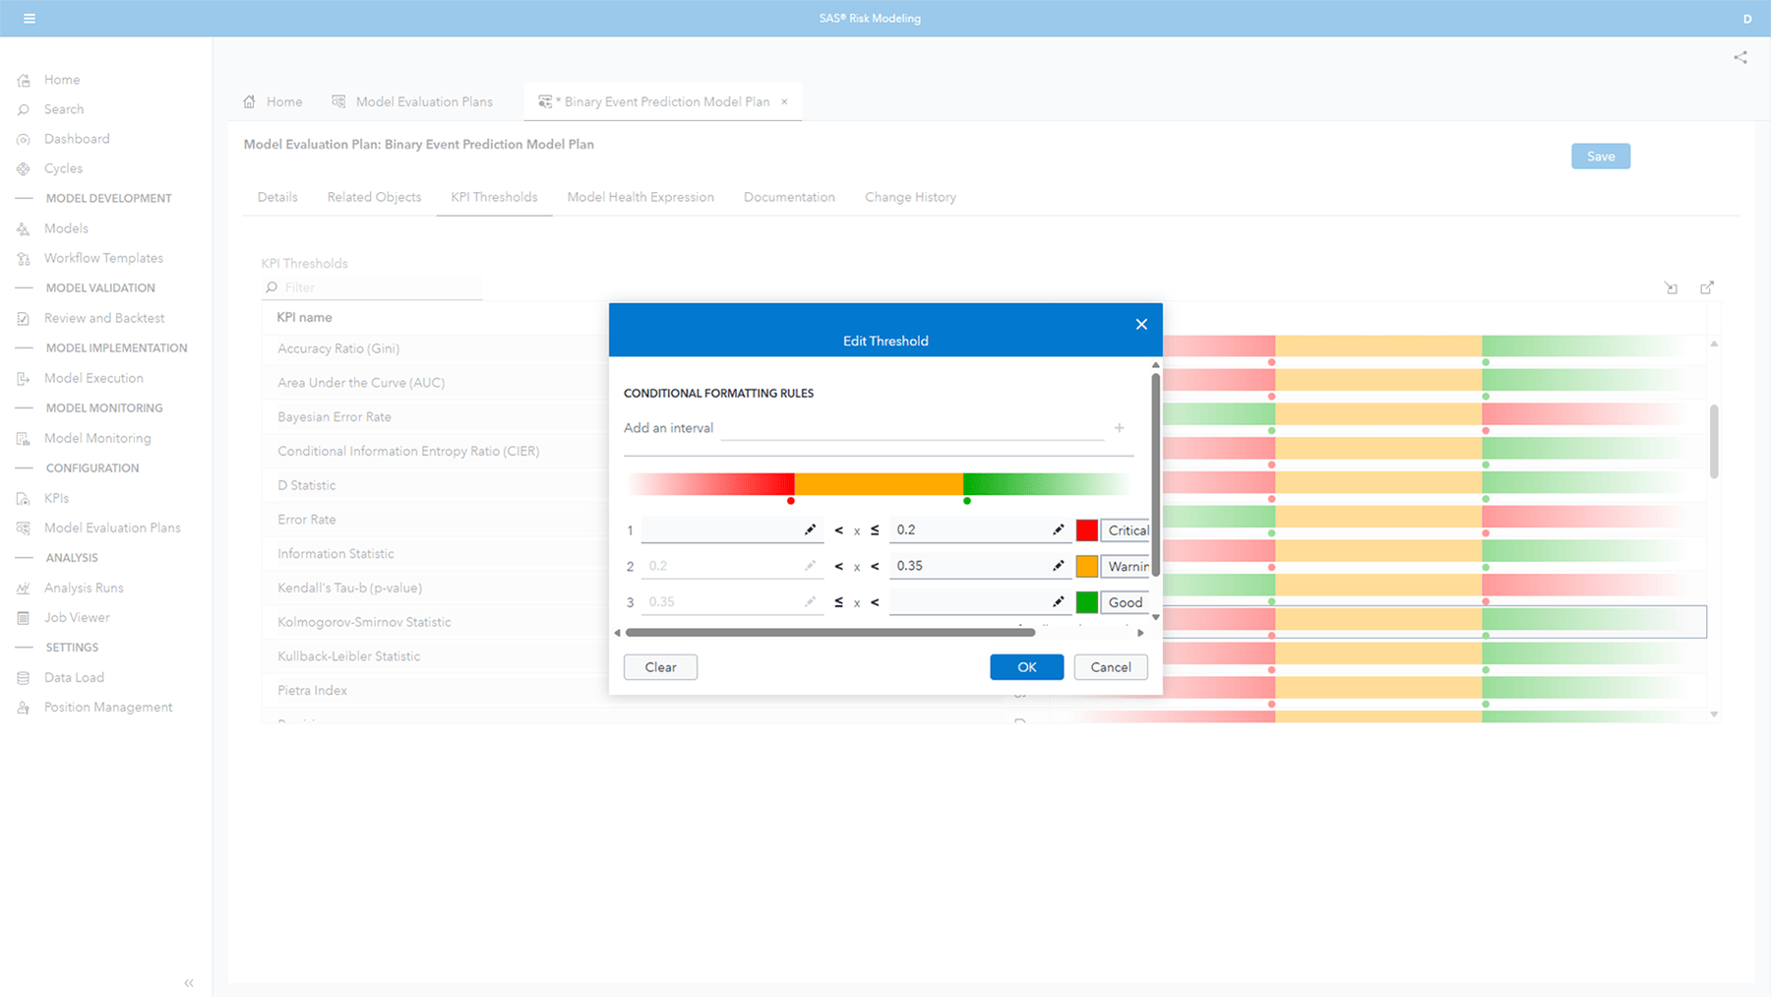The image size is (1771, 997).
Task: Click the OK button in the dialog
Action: [x=1026, y=667]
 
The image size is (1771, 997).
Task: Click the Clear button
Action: [x=660, y=667]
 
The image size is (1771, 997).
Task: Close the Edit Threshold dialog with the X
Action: [x=1141, y=324]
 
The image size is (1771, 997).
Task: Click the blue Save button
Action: [x=1600, y=156]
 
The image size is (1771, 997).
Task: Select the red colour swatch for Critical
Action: [x=1086, y=530]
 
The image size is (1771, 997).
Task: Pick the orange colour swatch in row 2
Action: [x=1086, y=566]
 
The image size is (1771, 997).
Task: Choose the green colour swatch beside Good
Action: [x=1086, y=602]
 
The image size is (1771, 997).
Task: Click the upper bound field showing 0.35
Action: [x=969, y=566]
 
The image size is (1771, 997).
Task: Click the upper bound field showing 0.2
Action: [x=969, y=530]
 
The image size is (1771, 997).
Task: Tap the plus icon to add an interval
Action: [x=1119, y=428]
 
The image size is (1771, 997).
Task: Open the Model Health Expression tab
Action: [x=641, y=197]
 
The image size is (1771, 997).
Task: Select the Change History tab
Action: [x=910, y=197]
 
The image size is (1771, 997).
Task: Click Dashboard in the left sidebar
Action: [x=77, y=139]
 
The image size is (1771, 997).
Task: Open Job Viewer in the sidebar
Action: [x=77, y=617]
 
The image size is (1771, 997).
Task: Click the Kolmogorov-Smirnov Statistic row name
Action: [x=364, y=622]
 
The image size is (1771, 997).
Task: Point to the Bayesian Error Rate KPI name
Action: [x=335, y=417]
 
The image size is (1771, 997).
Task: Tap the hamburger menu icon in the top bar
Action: [x=30, y=19]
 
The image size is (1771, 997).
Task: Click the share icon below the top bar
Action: [x=1740, y=57]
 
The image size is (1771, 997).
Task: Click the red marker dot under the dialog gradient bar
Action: [x=791, y=501]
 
